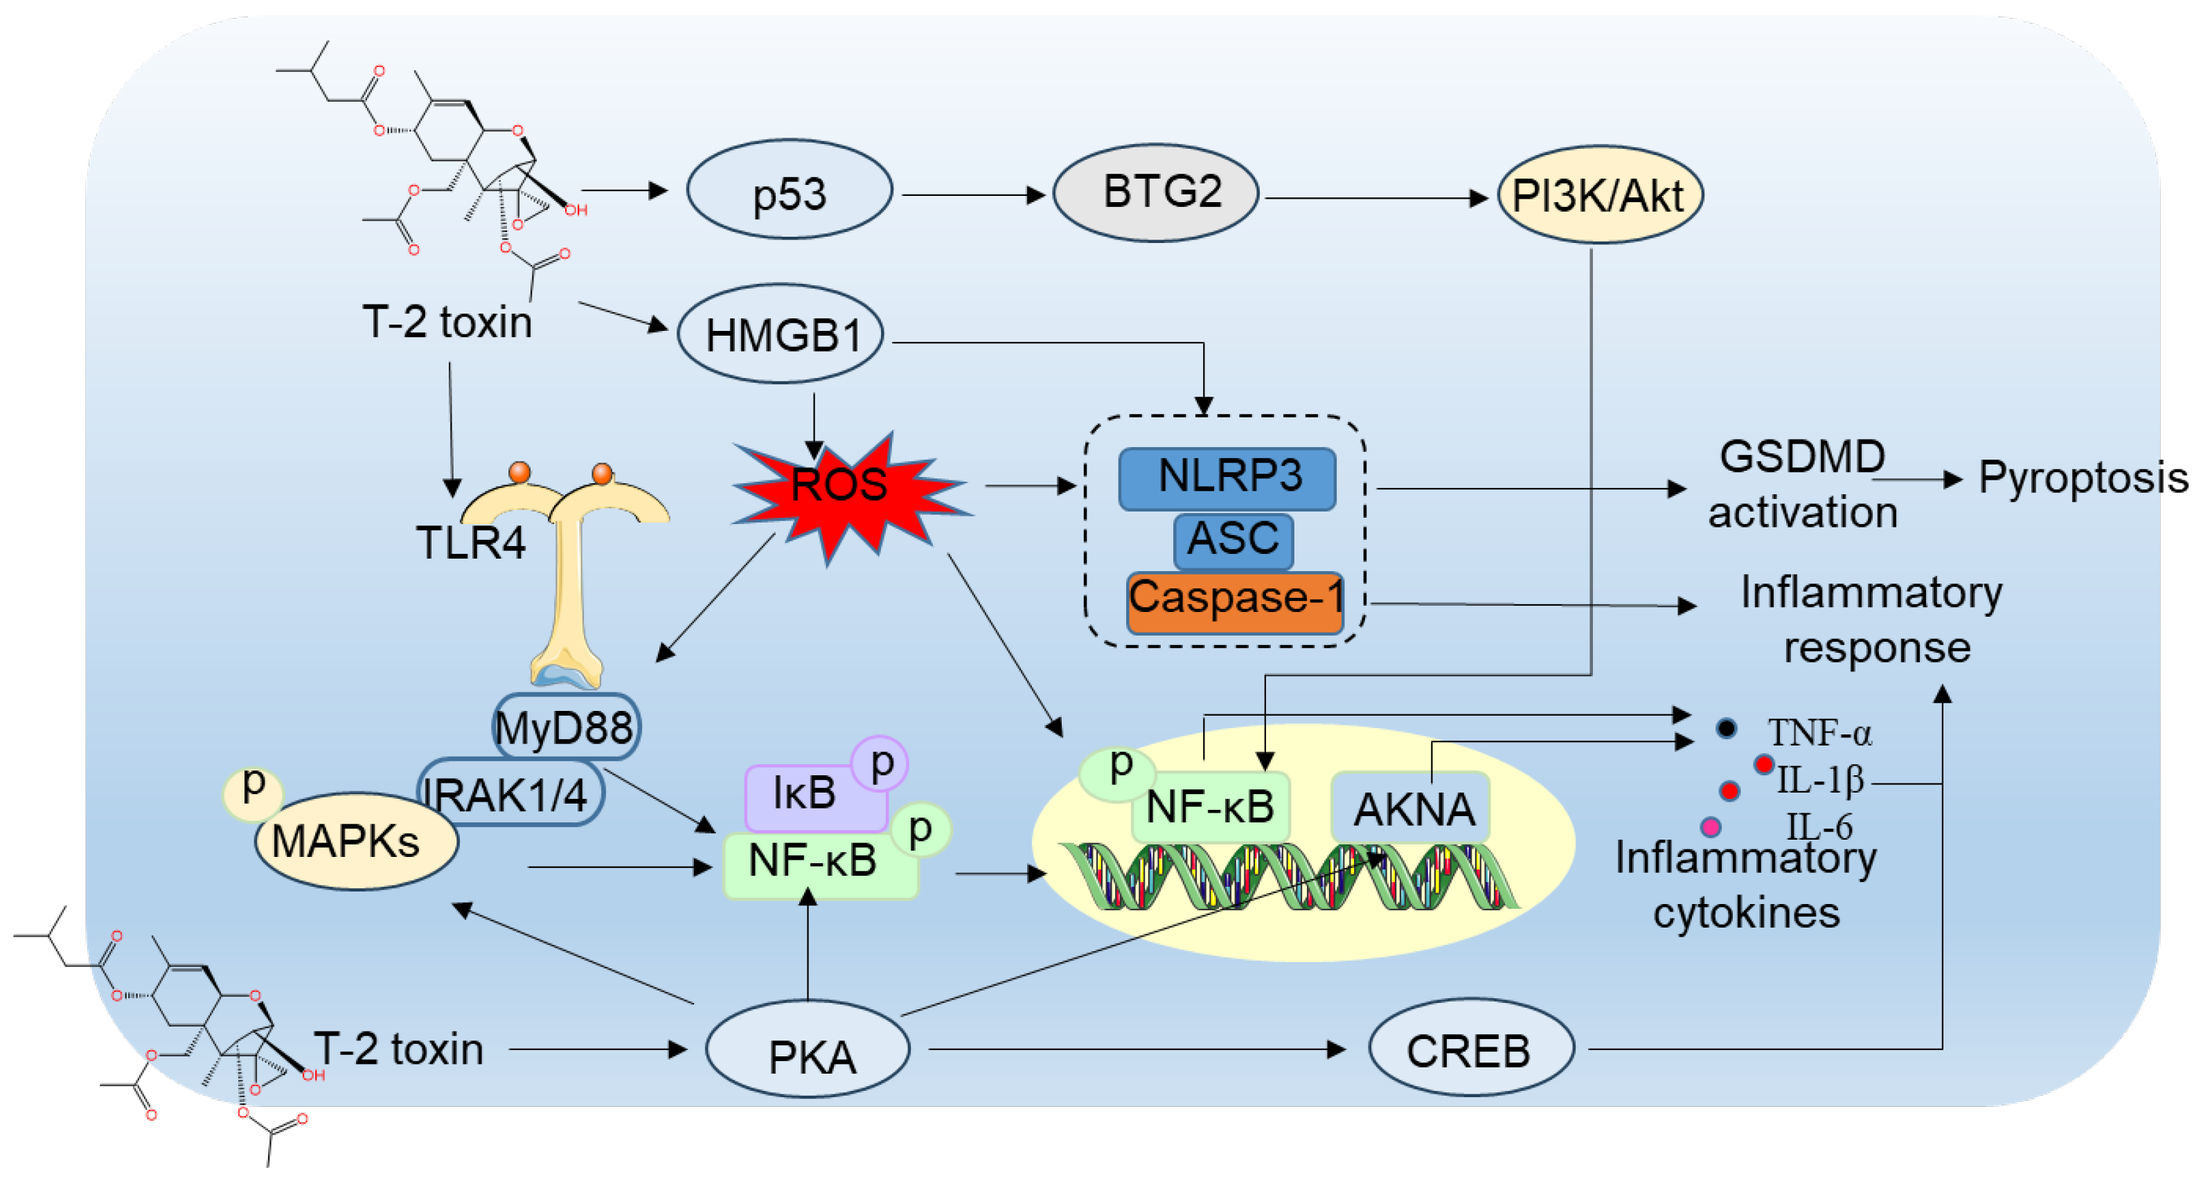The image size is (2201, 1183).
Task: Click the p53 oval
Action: [x=790, y=190]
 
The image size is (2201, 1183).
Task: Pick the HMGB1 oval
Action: [x=780, y=334]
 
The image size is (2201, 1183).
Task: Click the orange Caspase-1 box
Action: [x=1235, y=603]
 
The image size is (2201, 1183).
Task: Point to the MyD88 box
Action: [x=566, y=727]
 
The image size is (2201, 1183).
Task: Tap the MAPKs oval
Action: [x=356, y=841]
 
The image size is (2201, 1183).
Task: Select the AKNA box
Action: [x=1411, y=807]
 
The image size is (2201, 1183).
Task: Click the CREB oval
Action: [x=1471, y=1047]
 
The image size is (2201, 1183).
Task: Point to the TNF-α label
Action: [x=1820, y=733]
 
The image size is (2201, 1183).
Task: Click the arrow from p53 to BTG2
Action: [x=974, y=196]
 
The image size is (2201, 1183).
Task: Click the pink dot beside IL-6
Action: [x=1711, y=827]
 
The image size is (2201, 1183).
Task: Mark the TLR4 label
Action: [x=471, y=543]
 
